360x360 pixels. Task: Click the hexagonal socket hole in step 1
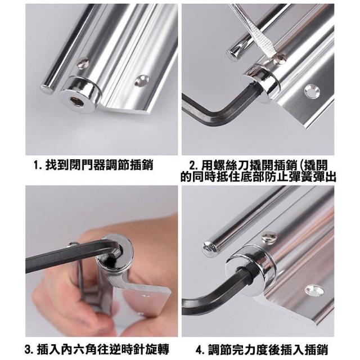(x=77, y=101)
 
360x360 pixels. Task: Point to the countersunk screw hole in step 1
(x=141, y=80)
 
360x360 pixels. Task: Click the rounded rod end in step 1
(x=47, y=89)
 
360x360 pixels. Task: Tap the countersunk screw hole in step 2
(x=312, y=90)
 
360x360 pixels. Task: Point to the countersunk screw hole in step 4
(x=314, y=290)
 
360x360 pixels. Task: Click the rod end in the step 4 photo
(x=209, y=249)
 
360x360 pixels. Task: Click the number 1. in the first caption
(x=37, y=165)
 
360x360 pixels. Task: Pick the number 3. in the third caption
(x=29, y=349)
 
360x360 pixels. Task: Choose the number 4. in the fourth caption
(x=200, y=349)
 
